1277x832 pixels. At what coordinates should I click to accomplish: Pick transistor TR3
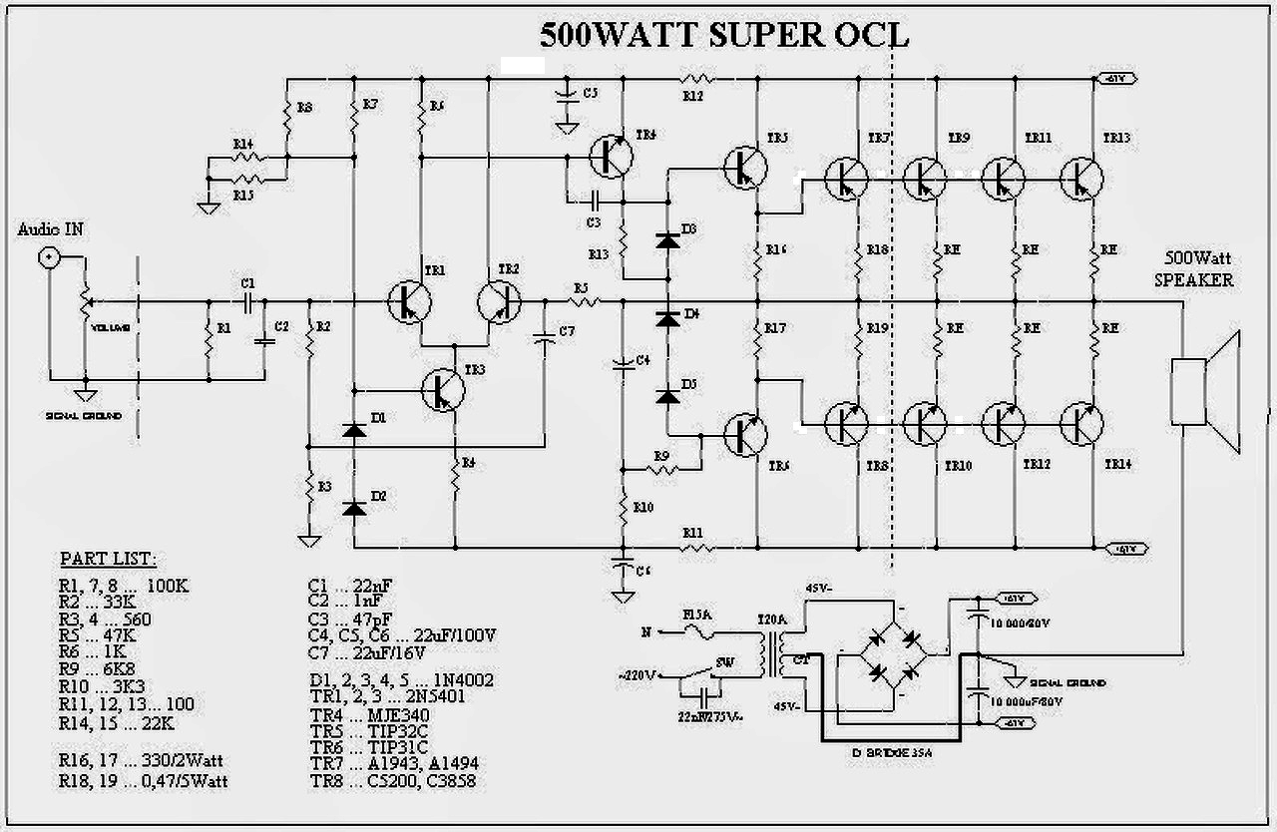coord(443,389)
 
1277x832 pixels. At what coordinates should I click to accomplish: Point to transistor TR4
coord(610,155)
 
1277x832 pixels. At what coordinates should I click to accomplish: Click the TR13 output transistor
coord(1081,179)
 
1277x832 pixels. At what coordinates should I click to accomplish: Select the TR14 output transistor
coord(1081,424)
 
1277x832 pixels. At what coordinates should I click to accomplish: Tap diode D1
coord(353,430)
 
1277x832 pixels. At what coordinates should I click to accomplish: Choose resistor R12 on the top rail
coord(694,78)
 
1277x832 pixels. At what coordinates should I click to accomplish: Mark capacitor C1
coord(247,300)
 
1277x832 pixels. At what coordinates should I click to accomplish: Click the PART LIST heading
coord(108,558)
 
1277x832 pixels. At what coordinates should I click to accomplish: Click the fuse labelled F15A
coord(697,630)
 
